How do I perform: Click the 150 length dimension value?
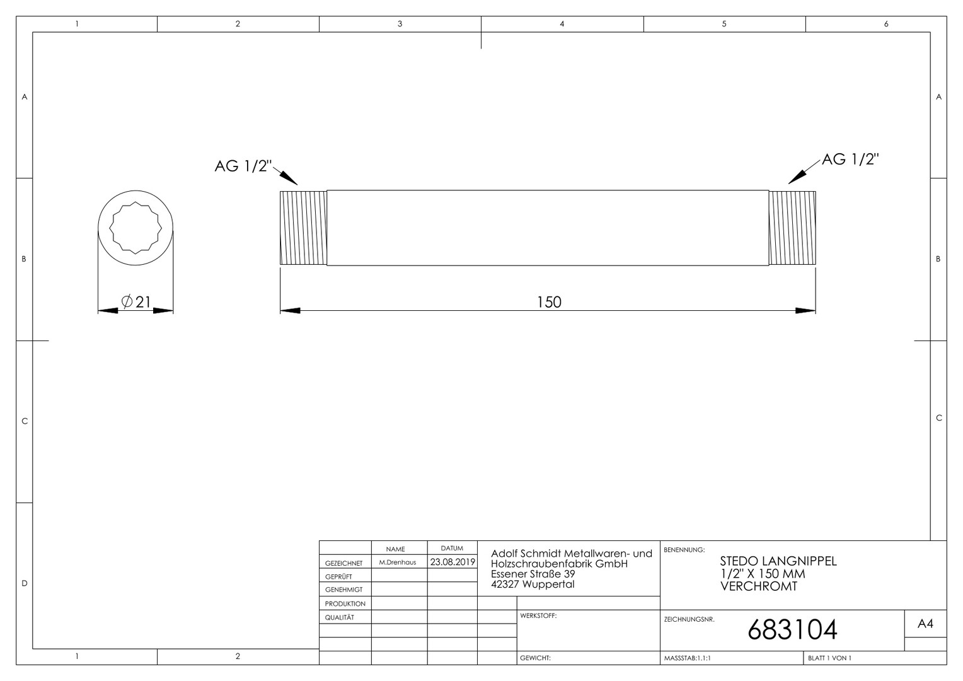pyautogui.click(x=549, y=302)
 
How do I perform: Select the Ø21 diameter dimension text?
pyautogui.click(x=136, y=302)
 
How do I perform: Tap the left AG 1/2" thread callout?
pyautogui.click(x=243, y=166)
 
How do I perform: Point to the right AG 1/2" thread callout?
pyautogui.click(x=850, y=160)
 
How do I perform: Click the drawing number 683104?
pyautogui.click(x=792, y=630)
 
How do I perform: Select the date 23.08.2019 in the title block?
pyautogui.click(x=453, y=562)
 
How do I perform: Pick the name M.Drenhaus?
pyautogui.click(x=397, y=562)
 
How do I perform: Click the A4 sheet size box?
pyautogui.click(x=925, y=624)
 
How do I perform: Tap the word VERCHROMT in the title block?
pyautogui.click(x=759, y=586)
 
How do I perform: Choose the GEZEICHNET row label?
pyautogui.click(x=343, y=563)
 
